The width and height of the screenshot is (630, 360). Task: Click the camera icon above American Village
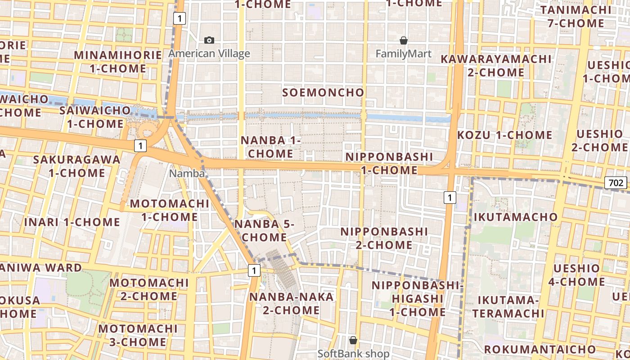click(209, 40)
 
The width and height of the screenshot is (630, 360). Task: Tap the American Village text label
click(209, 54)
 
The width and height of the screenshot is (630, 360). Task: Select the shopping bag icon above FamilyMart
click(404, 40)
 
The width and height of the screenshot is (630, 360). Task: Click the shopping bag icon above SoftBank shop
click(353, 340)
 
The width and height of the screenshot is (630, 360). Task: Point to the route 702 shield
click(615, 183)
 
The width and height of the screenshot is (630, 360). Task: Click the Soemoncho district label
click(323, 93)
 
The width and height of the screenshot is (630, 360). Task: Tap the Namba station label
click(187, 173)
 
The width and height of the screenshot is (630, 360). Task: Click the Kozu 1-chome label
click(505, 135)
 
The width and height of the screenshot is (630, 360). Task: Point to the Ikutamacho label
click(516, 217)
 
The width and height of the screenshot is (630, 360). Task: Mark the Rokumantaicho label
click(540, 349)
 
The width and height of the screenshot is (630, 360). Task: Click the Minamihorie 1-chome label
click(118, 62)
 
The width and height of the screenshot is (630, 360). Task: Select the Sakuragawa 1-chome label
click(77, 166)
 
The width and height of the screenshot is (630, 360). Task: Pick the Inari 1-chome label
click(72, 222)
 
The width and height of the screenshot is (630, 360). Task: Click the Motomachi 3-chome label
click(138, 335)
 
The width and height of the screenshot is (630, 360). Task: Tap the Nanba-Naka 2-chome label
click(292, 303)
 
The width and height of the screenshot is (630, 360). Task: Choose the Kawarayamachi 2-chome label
click(496, 66)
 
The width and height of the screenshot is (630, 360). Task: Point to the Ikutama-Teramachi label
click(508, 306)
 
